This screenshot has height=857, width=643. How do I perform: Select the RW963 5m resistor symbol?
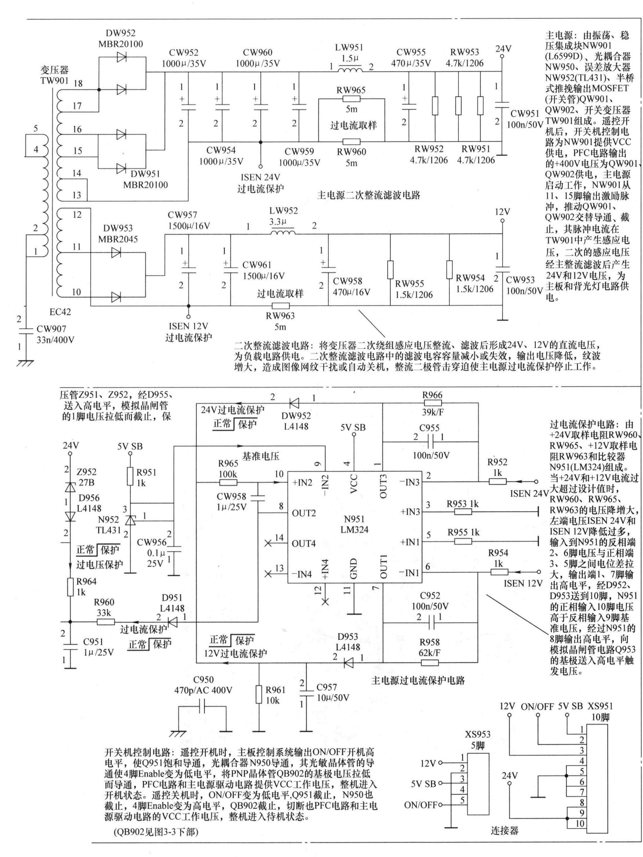click(280, 306)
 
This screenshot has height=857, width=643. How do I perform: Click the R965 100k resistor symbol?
click(228, 482)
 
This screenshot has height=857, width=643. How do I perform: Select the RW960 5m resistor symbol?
click(351, 141)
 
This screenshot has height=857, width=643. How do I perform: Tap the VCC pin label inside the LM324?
click(354, 484)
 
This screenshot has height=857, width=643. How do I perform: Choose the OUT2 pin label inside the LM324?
click(304, 513)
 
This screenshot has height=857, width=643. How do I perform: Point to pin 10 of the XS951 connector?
click(580, 823)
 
